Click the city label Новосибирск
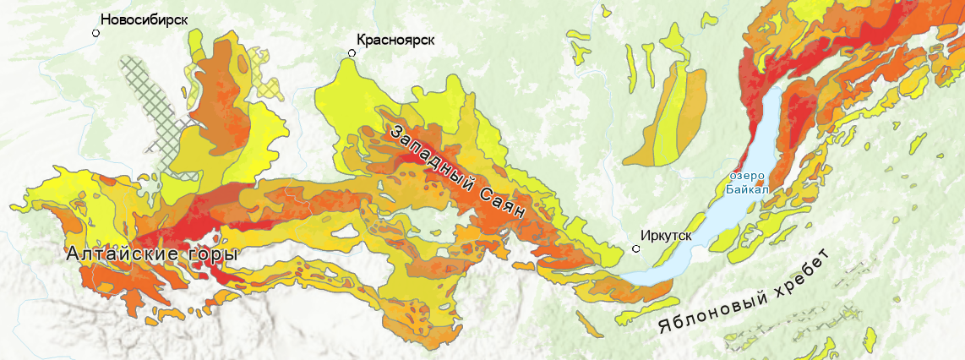143,19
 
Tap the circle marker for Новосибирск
96,33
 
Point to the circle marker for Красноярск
352,53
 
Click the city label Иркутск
667,236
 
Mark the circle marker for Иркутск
636,248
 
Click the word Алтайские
127,254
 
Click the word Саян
504,204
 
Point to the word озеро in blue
747,176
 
